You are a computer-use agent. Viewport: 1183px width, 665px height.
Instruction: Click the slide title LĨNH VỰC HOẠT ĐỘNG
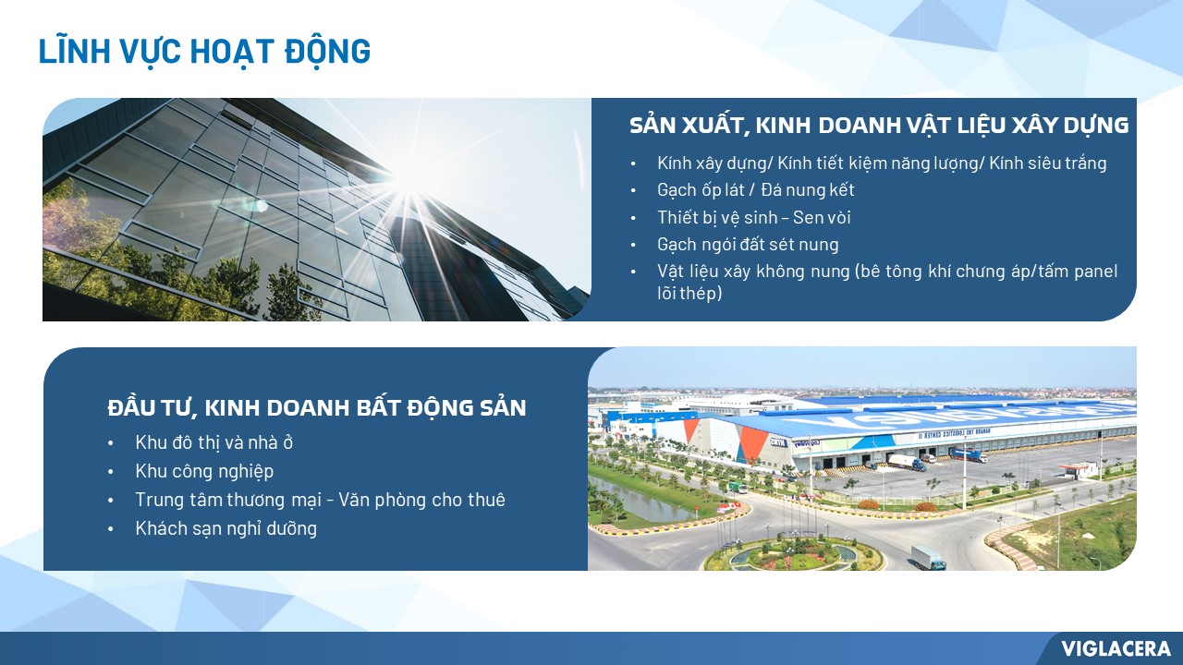pos(204,51)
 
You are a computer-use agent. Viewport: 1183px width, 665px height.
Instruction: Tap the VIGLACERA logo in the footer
pos(1116,648)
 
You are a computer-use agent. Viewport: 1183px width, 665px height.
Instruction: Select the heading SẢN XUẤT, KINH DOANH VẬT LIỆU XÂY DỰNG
pos(879,126)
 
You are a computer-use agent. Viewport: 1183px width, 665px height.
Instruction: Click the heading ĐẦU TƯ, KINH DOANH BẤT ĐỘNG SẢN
pos(317,407)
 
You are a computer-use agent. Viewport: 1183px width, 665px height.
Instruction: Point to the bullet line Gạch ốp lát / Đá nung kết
pos(755,190)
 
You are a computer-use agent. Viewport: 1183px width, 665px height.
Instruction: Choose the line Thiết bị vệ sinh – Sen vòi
pos(753,217)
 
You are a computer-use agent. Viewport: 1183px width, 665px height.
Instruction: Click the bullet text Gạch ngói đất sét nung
pos(748,245)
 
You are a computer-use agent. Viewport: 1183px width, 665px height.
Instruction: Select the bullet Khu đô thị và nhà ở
pos(213,442)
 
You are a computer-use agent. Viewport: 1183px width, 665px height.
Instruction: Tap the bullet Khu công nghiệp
pos(204,471)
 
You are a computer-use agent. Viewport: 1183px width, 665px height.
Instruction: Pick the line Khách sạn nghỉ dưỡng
pos(226,528)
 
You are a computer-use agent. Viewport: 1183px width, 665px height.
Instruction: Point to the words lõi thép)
pos(689,294)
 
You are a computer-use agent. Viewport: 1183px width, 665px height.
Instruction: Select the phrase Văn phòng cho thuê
pos(421,500)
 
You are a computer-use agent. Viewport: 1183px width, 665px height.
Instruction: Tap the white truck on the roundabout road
pos(928,558)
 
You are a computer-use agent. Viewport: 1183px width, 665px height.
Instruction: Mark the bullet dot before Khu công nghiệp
pos(110,472)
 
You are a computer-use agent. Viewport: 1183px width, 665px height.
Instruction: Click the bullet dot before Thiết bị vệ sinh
pos(633,218)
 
